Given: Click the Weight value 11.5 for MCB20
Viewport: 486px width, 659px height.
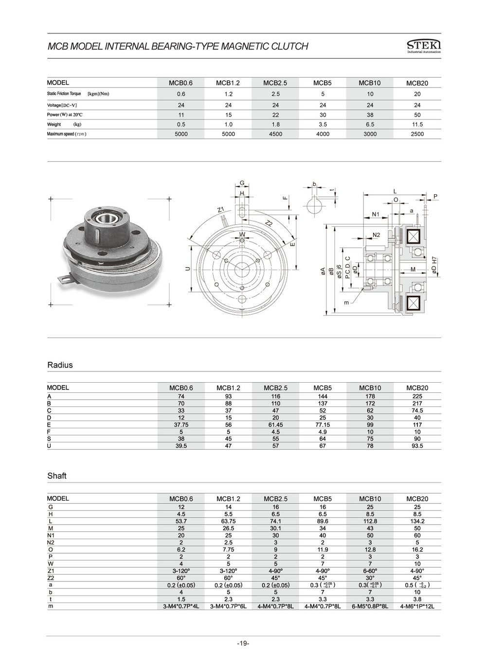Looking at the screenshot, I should [417, 124].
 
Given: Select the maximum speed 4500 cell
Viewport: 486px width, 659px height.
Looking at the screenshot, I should [275, 134].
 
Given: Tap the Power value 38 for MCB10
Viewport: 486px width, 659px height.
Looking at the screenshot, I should [370, 115].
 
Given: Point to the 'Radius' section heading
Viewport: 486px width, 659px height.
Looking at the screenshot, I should [60, 365].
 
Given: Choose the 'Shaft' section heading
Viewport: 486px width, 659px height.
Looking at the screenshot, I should [57, 476].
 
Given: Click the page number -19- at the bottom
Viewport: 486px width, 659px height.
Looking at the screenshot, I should [243, 643].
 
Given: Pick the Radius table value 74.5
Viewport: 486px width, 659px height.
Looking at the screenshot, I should [417, 410].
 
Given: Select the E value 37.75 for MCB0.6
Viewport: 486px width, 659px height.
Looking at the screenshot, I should [181, 424].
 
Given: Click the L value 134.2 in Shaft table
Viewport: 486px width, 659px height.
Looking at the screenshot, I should [417, 521].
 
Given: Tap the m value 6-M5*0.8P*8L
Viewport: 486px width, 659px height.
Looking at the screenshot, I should [370, 607].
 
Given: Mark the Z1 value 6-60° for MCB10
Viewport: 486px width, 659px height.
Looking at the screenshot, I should [370, 571].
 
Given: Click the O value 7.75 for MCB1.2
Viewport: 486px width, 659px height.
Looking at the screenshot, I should [228, 550].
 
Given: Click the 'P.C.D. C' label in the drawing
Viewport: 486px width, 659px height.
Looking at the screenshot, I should [347, 268].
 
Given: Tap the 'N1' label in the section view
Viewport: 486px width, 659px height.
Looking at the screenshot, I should [376, 214].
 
